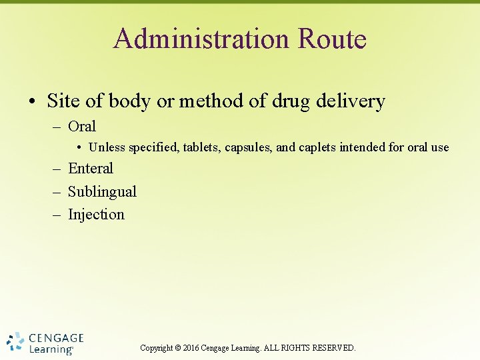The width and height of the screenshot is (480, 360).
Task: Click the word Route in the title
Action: point(332,39)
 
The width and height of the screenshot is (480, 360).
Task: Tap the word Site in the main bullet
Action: point(64,101)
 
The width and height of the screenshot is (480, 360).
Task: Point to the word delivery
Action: point(353,101)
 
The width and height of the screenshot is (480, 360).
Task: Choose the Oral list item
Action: point(82,127)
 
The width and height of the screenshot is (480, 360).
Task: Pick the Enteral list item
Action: point(91,169)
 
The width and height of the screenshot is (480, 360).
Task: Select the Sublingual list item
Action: point(102,192)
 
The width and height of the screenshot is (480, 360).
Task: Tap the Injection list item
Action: point(96,215)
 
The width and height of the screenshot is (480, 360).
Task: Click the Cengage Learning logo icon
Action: point(15,342)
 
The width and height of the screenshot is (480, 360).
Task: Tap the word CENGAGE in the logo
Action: point(57,338)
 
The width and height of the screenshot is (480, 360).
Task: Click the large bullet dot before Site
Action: point(32,102)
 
